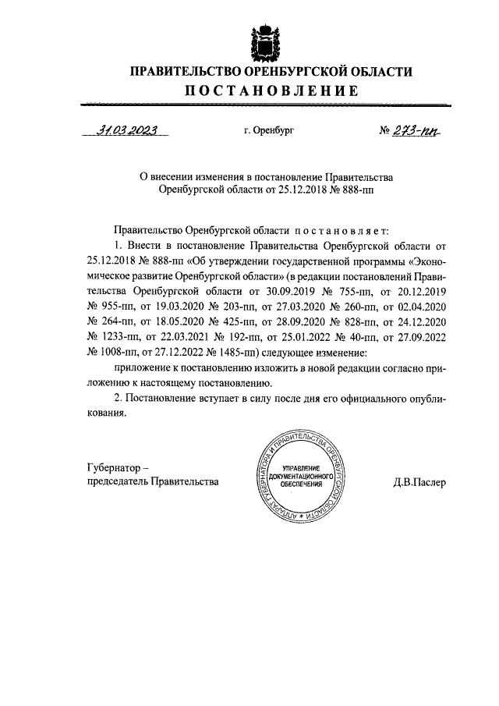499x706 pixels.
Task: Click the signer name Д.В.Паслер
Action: pyautogui.click(x=419, y=482)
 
